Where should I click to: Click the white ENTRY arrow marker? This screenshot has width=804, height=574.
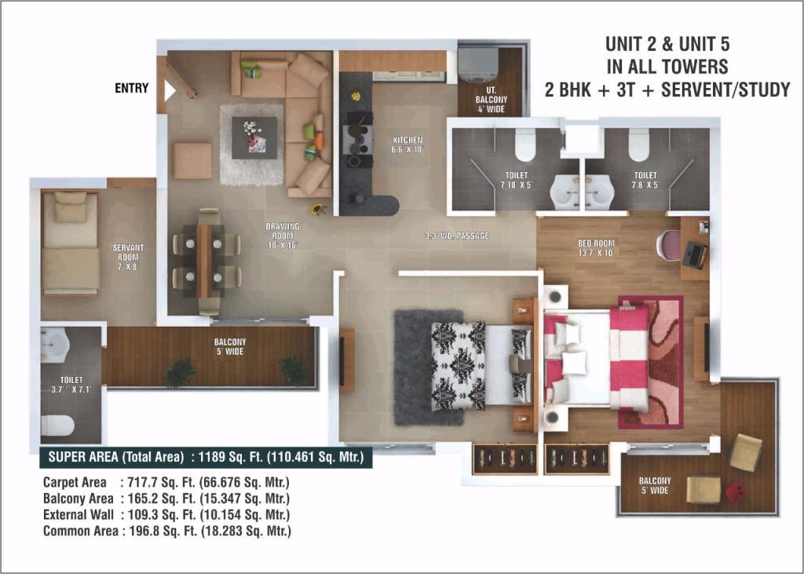170,91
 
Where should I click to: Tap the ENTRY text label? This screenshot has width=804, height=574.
131,88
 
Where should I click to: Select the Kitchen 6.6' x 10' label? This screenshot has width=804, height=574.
407,144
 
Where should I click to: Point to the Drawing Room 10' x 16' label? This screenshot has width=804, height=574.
283,236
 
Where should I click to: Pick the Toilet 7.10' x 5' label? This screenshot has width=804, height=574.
517,180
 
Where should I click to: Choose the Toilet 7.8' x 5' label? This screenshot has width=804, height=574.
645,180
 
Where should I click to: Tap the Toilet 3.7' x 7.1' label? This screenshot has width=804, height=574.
71,385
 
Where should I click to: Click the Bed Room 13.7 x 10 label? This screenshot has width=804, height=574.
596,248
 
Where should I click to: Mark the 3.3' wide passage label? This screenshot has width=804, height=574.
457,236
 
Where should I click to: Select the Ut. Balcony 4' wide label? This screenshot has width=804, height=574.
492,99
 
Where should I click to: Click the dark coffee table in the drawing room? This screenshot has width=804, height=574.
254,138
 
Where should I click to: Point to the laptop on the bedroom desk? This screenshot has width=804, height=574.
694,254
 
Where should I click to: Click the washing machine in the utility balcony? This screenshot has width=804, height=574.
478,64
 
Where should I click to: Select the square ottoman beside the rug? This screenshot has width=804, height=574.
192,160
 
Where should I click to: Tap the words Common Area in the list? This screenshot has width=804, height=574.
81,531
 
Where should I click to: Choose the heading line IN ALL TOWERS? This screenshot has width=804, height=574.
667,67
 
